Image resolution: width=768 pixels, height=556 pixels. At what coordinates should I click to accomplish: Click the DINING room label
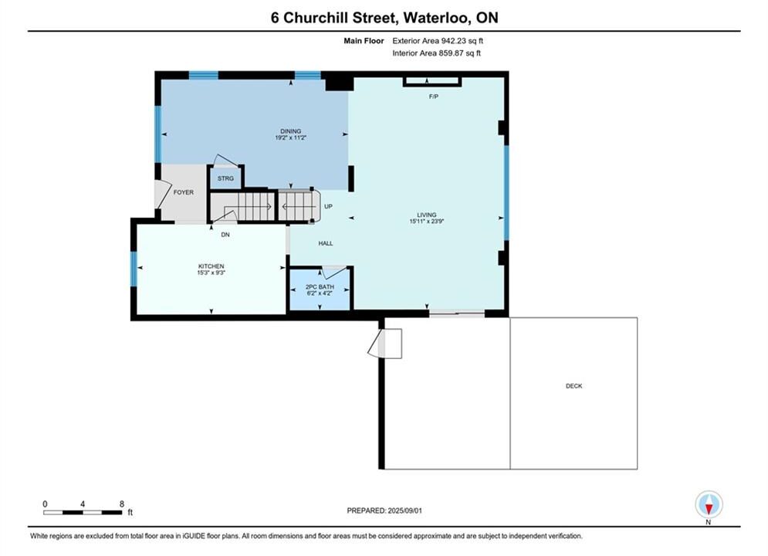click(290, 131)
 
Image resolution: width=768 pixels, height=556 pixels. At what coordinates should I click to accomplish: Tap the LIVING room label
click(427, 215)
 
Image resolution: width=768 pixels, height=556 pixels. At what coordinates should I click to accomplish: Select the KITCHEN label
click(211, 266)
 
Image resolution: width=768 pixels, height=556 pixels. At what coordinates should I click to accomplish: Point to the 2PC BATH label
click(320, 287)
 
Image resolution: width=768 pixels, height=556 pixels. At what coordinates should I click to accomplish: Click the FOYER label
click(184, 192)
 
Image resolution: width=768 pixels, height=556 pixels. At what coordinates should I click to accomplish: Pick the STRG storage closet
click(225, 178)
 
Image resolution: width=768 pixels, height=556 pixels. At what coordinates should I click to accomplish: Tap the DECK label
click(574, 386)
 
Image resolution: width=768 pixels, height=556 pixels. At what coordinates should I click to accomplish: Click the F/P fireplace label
click(434, 97)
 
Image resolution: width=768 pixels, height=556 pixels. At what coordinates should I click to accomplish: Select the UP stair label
click(328, 206)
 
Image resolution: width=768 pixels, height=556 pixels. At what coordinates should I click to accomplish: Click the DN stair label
click(225, 235)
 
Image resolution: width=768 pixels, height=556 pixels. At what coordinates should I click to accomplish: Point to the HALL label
click(326, 243)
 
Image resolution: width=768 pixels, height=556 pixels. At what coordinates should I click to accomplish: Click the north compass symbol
click(709, 504)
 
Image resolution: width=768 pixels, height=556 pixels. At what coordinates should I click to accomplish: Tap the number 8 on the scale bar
click(122, 503)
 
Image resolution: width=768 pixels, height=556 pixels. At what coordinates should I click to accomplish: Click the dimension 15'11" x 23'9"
click(427, 222)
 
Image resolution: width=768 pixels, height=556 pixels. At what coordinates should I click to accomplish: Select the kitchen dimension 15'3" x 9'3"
click(211, 273)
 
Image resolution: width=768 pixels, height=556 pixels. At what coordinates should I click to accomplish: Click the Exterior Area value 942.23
click(452, 41)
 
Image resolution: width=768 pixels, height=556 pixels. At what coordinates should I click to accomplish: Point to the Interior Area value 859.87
click(451, 53)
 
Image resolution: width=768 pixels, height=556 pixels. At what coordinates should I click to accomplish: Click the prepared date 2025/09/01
click(404, 510)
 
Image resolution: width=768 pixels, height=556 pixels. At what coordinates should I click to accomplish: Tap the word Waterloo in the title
click(435, 18)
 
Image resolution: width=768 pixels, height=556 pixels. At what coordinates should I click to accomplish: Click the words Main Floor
click(364, 41)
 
